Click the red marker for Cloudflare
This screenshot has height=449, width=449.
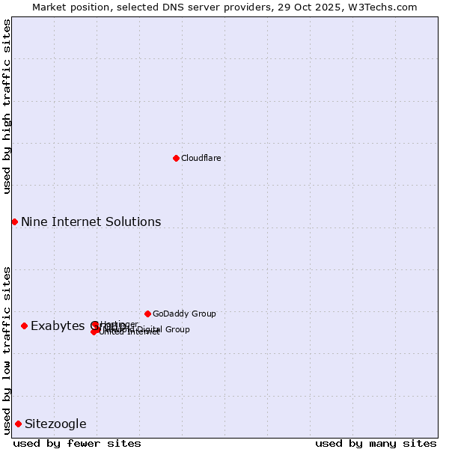176,158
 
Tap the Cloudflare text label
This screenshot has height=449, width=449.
201,158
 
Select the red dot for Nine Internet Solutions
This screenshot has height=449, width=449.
14,222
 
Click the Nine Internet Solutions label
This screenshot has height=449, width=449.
91,222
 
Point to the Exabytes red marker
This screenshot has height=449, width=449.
24,326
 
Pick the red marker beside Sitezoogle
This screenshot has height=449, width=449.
18,424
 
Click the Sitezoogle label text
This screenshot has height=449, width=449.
55,424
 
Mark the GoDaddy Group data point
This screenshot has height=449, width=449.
147,314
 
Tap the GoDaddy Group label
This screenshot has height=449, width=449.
184,314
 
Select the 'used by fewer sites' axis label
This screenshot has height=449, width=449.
77,443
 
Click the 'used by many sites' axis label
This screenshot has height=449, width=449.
376,443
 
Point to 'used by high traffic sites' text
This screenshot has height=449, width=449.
7,106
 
